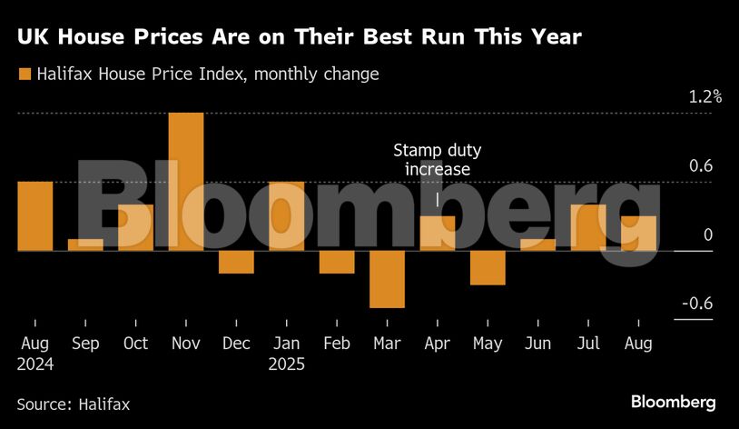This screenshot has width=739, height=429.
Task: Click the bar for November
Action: tap(185, 182)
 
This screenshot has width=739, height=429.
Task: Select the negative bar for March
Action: tap(387, 279)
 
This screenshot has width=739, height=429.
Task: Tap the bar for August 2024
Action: tap(34, 216)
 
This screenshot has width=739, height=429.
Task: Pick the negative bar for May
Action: tap(488, 268)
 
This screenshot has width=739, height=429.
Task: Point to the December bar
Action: tap(236, 262)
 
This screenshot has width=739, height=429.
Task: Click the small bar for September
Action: tap(85, 244)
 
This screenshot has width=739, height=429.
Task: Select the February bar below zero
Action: tap(337, 262)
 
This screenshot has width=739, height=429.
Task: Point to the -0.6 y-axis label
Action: tap(698, 304)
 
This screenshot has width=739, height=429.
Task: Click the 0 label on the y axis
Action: tap(707, 235)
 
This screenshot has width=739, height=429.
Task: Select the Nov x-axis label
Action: tap(185, 344)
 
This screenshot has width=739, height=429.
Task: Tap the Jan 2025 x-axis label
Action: tap(287, 354)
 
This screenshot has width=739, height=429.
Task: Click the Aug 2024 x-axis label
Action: tap(35, 354)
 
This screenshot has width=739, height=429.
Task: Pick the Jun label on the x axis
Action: tap(538, 344)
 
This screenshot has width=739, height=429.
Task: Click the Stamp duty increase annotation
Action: tap(437, 160)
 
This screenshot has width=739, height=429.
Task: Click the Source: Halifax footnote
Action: tap(74, 404)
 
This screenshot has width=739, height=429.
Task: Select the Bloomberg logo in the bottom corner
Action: tap(674, 402)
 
